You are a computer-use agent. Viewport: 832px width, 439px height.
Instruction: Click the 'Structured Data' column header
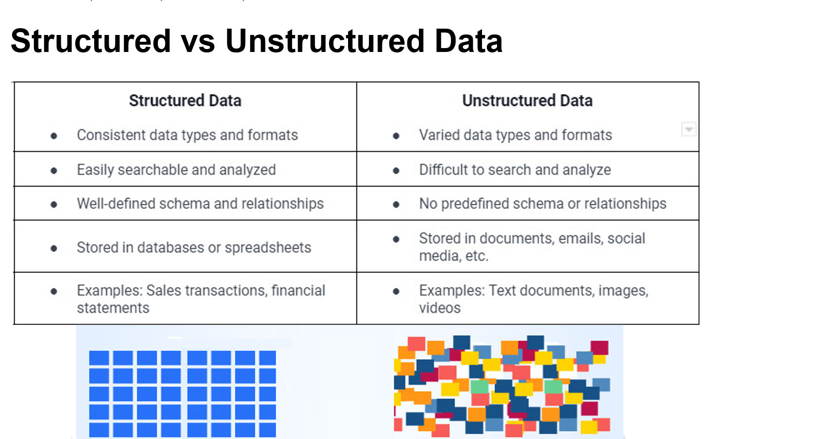click(185, 101)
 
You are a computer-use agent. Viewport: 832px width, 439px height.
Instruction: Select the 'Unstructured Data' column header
click(528, 101)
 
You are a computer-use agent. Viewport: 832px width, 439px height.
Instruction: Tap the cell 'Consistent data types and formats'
click(187, 135)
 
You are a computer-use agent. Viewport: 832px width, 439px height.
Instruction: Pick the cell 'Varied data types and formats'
click(516, 135)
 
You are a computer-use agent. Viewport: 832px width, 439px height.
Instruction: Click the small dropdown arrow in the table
click(689, 129)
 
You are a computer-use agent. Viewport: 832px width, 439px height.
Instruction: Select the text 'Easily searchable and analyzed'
click(176, 170)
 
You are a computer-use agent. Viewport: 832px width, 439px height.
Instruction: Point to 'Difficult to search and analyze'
click(515, 170)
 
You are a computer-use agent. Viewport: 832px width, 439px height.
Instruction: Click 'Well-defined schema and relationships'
click(200, 203)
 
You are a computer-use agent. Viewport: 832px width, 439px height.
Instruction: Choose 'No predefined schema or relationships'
click(543, 203)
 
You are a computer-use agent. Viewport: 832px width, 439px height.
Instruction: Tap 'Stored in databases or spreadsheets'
click(194, 248)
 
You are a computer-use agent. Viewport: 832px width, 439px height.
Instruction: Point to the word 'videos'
click(440, 308)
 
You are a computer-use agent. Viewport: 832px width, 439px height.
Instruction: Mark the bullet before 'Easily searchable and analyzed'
click(54, 170)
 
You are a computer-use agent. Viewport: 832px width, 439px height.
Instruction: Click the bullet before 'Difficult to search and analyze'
click(396, 170)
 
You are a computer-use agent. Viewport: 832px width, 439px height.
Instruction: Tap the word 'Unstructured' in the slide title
click(325, 41)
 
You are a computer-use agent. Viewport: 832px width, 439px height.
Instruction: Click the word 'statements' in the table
click(113, 308)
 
